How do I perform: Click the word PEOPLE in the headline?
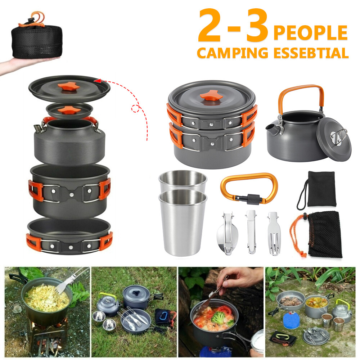(310, 33)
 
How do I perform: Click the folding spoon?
(225, 234)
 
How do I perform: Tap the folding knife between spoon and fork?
(251, 232)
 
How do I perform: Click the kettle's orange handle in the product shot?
(300, 93)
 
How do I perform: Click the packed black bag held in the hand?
(36, 38)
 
